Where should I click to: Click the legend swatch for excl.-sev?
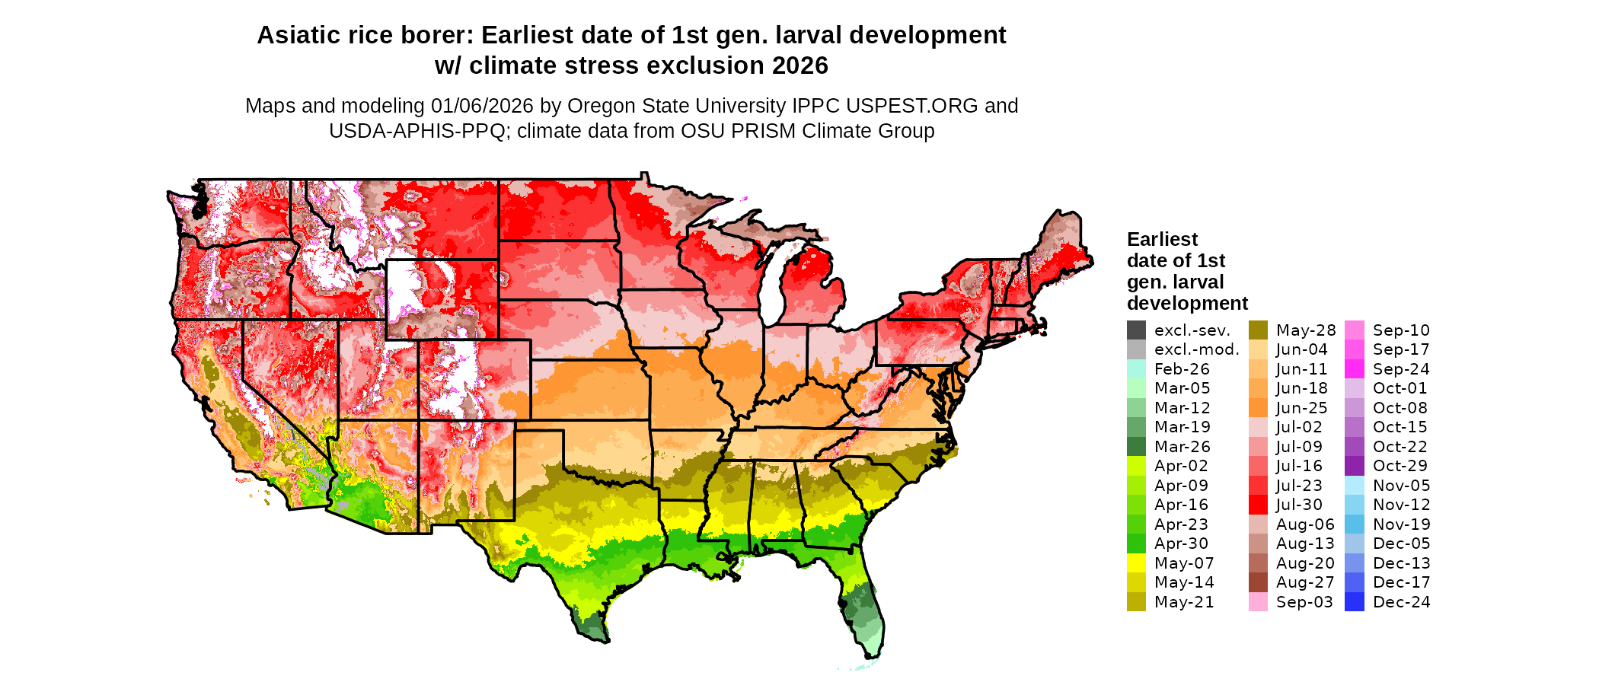pos(1136,330)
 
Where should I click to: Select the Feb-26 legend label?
pos(1182,369)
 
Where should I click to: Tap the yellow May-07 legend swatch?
pos(1136,563)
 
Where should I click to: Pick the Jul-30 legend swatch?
pos(1259,505)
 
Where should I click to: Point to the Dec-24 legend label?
pos(1401,602)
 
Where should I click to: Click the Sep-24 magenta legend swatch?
pos(1355,369)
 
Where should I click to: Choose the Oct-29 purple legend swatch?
pos(1355,466)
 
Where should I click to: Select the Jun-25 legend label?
pos(1301,408)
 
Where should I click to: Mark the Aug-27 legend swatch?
pos(1259,582)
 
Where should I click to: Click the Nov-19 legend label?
pos(1401,524)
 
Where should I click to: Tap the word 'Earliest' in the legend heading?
pos(1162,240)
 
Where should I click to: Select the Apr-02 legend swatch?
pos(1136,466)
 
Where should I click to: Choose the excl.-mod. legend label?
pos(1196,350)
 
